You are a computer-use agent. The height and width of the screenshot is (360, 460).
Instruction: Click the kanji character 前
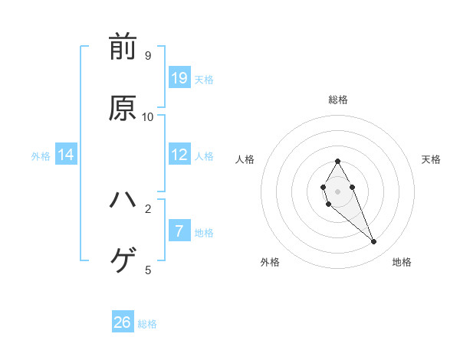(123, 47)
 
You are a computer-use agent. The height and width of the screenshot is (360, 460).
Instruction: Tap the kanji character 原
(123, 109)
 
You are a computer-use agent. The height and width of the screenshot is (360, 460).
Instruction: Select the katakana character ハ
(123, 200)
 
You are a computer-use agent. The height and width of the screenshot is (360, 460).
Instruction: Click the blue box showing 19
(179, 77)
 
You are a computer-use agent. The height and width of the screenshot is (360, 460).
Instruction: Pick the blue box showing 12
(179, 155)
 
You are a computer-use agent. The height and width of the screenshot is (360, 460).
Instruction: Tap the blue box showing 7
(179, 231)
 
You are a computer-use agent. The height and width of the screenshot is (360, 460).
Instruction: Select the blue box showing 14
(66, 155)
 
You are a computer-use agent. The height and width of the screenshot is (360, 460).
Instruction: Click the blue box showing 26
(123, 322)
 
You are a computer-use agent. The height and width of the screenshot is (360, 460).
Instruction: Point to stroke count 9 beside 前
(147, 56)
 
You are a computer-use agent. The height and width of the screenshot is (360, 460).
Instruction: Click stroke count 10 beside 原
(147, 117)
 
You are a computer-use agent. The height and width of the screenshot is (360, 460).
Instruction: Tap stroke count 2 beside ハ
(147, 208)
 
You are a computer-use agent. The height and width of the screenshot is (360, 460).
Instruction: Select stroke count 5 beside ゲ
(147, 270)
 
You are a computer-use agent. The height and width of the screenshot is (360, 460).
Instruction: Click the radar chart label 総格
(338, 100)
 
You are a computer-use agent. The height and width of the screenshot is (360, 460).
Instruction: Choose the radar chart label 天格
(432, 159)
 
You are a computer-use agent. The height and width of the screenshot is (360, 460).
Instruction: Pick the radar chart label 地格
(402, 262)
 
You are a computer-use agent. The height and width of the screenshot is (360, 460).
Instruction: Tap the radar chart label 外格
(270, 262)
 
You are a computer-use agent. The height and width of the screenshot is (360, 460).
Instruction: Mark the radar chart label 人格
(245, 159)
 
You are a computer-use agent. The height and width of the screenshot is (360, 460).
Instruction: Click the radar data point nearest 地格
(374, 242)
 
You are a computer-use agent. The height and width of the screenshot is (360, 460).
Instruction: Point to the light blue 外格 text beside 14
(41, 155)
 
